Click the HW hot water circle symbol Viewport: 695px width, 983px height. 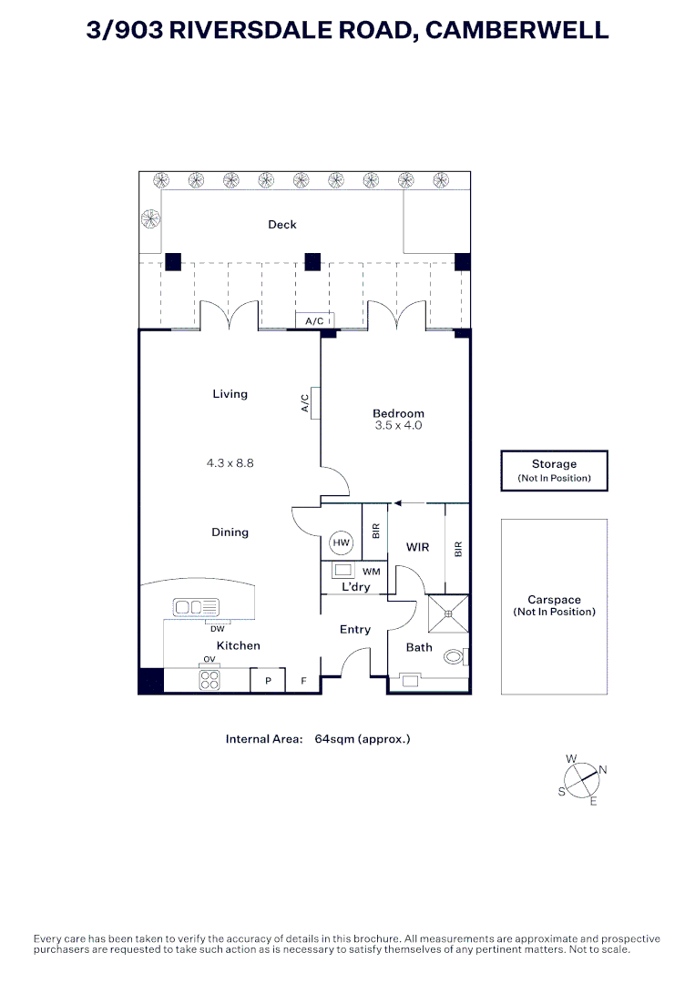(x=341, y=542)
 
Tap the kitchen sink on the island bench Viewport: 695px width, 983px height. (x=197, y=607)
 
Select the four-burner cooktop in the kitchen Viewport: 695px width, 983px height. (x=210, y=680)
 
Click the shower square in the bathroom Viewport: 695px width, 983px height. (x=448, y=613)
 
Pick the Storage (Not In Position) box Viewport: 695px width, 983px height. (x=554, y=471)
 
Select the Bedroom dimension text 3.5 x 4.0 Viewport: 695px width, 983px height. (x=398, y=425)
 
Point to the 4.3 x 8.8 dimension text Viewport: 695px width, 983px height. (x=230, y=463)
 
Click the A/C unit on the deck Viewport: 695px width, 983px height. (x=315, y=321)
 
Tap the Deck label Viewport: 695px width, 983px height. (x=282, y=225)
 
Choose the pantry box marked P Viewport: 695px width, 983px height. (x=268, y=680)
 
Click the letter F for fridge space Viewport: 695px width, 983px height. (x=303, y=681)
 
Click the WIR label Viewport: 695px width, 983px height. (x=418, y=547)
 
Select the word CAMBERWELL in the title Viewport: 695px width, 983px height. (x=517, y=30)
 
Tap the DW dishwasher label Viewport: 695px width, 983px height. (x=217, y=629)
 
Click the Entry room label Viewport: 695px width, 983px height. (x=355, y=630)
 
